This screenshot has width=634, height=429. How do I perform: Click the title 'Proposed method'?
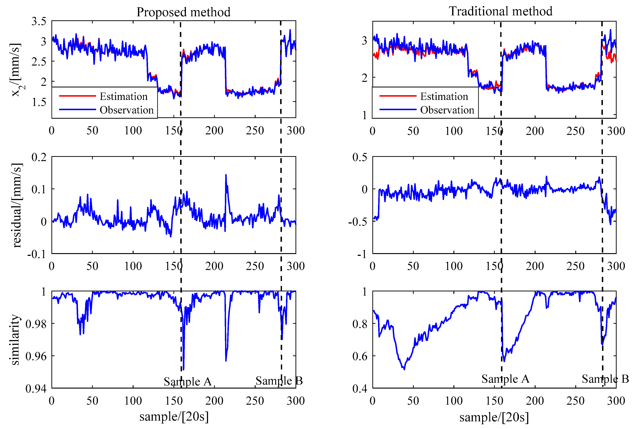(x=183, y=12)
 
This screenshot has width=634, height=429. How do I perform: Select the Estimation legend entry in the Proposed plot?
(x=123, y=96)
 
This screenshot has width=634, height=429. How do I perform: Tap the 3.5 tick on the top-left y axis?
(x=39, y=21)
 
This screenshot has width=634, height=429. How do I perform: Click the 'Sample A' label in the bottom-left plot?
(x=188, y=381)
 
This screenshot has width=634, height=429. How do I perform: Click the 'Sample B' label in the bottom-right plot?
(x=605, y=379)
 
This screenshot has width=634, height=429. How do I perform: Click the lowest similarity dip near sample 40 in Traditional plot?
(x=404, y=369)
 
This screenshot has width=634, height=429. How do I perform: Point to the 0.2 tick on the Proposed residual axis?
(x=39, y=157)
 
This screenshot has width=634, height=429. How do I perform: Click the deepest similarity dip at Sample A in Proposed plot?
(x=183, y=370)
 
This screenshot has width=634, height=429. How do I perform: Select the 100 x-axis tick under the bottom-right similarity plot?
(x=453, y=401)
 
